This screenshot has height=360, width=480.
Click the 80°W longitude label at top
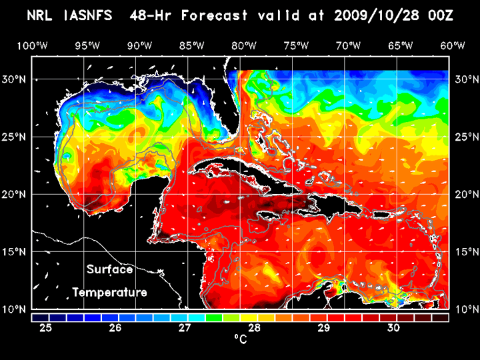click(245, 45)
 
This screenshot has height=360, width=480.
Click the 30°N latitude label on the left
click(14, 79)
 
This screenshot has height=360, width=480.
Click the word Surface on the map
click(110, 270)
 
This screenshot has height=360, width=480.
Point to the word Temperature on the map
click(110, 292)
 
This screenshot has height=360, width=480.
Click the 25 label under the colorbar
click(46, 328)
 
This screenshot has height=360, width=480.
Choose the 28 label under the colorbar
click(255, 328)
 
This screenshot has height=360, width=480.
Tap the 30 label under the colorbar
click(393, 328)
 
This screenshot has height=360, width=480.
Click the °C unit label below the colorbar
click(241, 339)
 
